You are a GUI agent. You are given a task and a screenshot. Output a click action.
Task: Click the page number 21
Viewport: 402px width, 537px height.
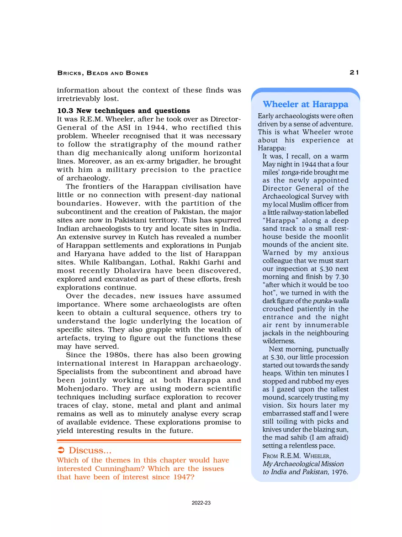354,73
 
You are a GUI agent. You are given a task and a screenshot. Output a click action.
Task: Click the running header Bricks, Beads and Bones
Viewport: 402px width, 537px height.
103,73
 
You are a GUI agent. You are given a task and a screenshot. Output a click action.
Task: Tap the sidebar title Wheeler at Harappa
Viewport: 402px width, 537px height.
305,105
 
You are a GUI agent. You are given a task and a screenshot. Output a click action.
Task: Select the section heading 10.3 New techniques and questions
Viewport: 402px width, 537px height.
123,111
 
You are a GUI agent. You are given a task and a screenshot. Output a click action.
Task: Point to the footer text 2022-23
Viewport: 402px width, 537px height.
201,503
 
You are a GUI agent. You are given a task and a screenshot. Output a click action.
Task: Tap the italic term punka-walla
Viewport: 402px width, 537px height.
331,300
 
